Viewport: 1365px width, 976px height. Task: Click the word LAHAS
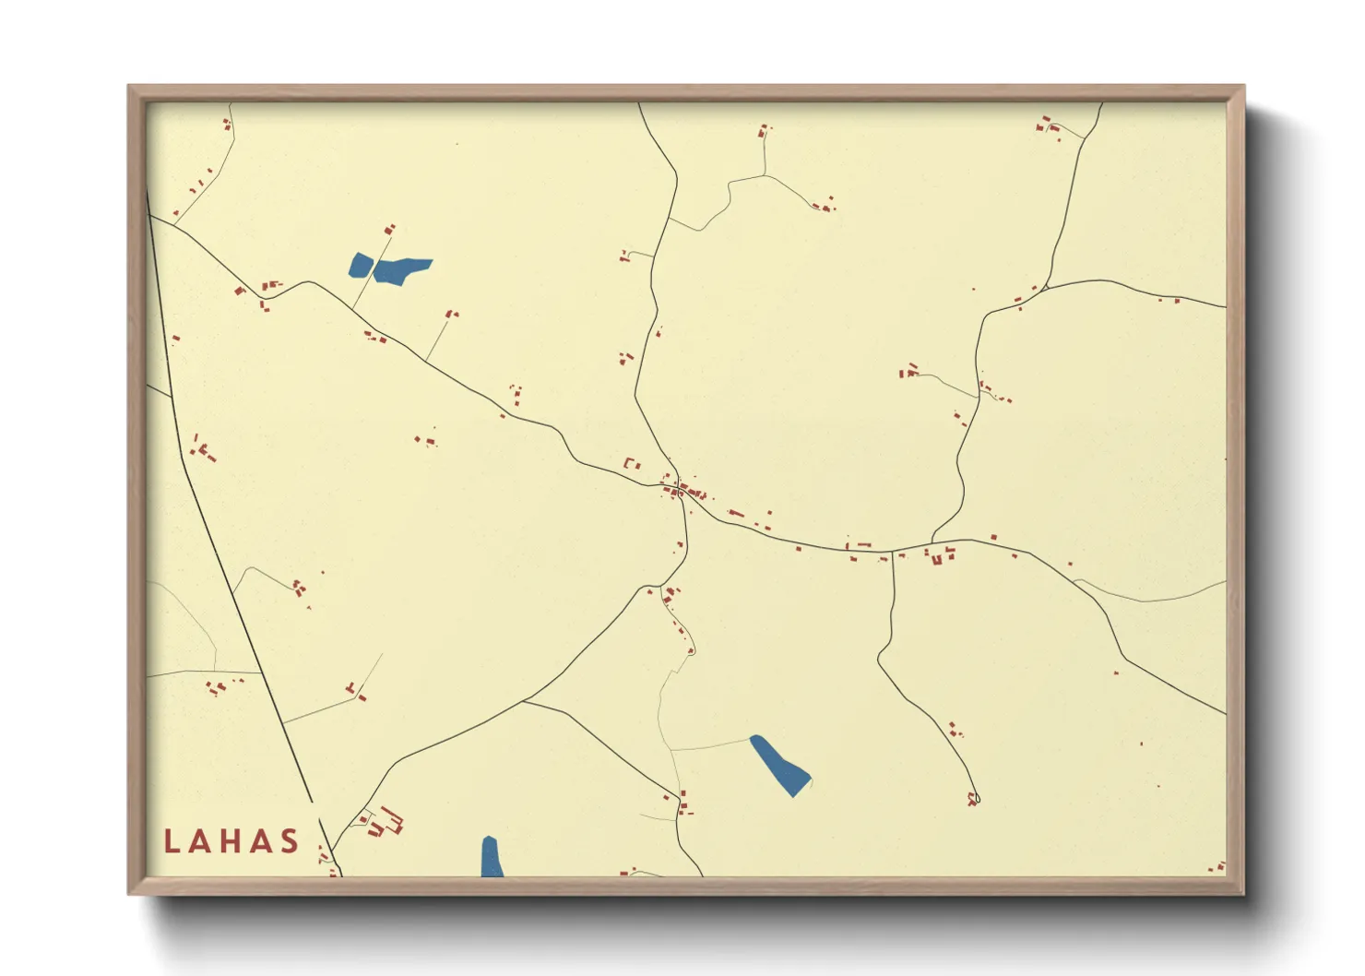click(231, 841)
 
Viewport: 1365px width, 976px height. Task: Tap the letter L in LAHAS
click(172, 841)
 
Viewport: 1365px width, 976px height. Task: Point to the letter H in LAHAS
click(231, 841)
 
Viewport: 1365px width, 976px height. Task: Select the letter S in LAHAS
click(291, 841)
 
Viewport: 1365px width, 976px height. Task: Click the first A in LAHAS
click(201, 841)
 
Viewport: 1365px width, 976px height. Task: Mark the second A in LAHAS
click(262, 841)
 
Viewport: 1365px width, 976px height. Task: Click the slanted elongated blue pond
click(779, 766)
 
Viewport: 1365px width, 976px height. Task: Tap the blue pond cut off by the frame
click(491, 858)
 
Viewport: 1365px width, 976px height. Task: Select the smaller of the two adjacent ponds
click(360, 265)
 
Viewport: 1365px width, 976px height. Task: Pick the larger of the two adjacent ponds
click(401, 270)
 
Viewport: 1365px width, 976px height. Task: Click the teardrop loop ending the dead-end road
click(973, 799)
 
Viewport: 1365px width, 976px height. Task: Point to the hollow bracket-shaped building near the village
click(632, 463)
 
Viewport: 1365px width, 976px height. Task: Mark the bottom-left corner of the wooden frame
click(130, 892)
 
